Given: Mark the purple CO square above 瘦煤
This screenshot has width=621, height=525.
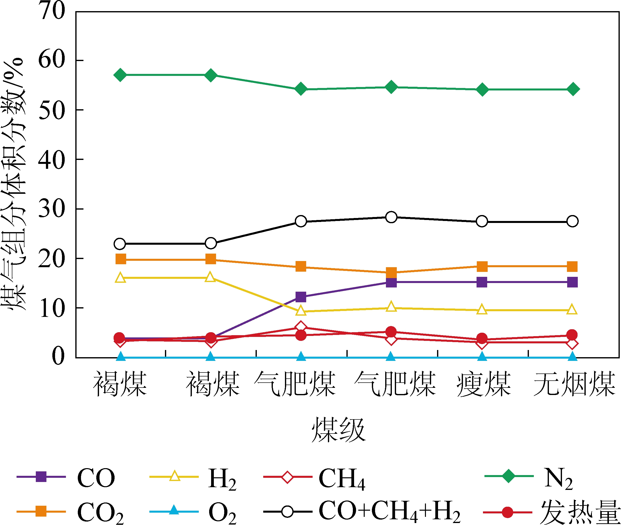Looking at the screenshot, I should tap(482, 282).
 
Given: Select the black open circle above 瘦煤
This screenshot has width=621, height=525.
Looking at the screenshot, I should tap(482, 221).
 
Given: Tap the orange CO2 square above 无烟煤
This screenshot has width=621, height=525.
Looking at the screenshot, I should tap(572, 266).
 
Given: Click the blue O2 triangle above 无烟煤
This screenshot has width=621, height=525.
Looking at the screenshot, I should tap(573, 356).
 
